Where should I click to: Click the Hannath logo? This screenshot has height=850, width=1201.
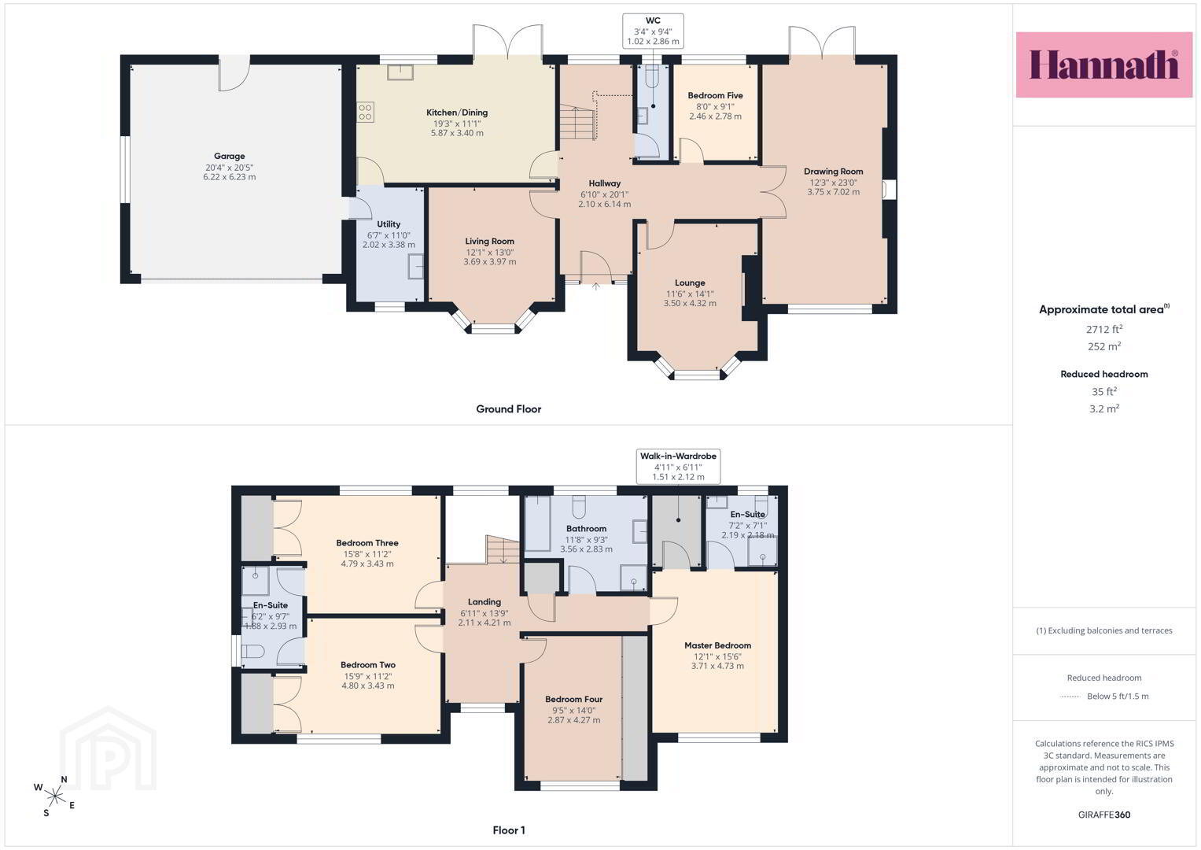point(1104,65)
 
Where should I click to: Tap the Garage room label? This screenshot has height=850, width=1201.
point(230,156)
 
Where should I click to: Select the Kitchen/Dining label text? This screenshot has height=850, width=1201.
point(457,113)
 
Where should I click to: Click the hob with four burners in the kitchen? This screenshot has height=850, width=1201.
point(365,112)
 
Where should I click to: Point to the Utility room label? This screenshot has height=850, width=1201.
point(389,224)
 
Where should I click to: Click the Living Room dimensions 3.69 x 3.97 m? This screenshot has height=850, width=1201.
point(489,262)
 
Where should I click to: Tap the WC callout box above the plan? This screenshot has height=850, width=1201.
point(653,31)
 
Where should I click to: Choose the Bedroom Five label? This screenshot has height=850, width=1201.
point(715,95)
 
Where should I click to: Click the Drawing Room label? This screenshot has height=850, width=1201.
point(833,172)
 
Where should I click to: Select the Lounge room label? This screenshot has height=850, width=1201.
point(690,283)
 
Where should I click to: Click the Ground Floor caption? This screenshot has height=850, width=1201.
point(509,409)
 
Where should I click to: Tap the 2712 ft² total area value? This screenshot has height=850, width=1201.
point(1104,329)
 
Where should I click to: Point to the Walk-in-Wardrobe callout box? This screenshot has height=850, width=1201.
point(678,466)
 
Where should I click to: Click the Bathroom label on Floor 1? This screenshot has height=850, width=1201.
point(587,529)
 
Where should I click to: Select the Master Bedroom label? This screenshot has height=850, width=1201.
point(717,645)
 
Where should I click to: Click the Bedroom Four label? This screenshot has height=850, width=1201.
point(573,699)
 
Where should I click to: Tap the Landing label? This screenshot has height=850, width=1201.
point(484,602)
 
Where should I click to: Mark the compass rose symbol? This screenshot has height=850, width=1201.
point(55,796)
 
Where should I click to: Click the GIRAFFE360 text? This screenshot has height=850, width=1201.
point(1104,815)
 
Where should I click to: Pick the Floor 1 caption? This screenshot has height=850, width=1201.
point(509,830)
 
